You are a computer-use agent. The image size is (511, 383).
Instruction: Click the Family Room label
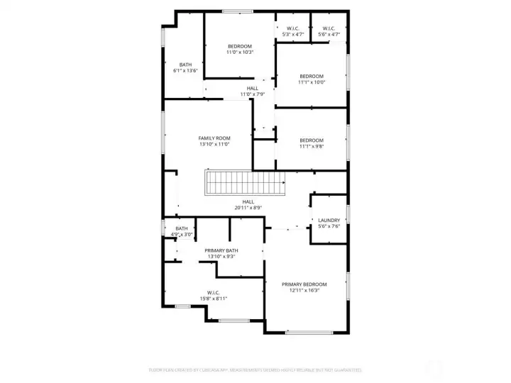click(214, 138)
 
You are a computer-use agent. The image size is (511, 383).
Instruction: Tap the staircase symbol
click(245, 183)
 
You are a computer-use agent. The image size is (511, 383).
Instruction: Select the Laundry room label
click(329, 220)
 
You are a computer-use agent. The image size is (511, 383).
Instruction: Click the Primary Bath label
click(221, 250)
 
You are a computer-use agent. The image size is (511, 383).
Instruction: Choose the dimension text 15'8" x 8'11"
click(213, 299)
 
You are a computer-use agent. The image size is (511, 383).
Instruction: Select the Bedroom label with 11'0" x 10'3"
click(239, 46)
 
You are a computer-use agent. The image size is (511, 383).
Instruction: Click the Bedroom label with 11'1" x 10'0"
click(311, 76)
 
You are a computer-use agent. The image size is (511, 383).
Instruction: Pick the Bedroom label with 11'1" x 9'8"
click(311, 140)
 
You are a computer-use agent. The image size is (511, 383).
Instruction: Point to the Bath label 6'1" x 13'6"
click(185, 65)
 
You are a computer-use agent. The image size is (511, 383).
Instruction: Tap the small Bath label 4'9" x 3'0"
click(182, 228)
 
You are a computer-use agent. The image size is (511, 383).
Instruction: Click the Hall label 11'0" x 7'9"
click(252, 88)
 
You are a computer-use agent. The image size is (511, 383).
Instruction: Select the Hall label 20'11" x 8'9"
click(248, 201)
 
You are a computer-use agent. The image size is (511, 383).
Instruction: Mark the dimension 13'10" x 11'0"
click(214, 145)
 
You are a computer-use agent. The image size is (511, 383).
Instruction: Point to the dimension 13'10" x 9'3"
click(221, 257)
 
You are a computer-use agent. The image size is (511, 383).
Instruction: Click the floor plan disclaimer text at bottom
click(255, 370)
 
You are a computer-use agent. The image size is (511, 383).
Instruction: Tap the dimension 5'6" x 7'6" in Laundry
click(329, 226)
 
